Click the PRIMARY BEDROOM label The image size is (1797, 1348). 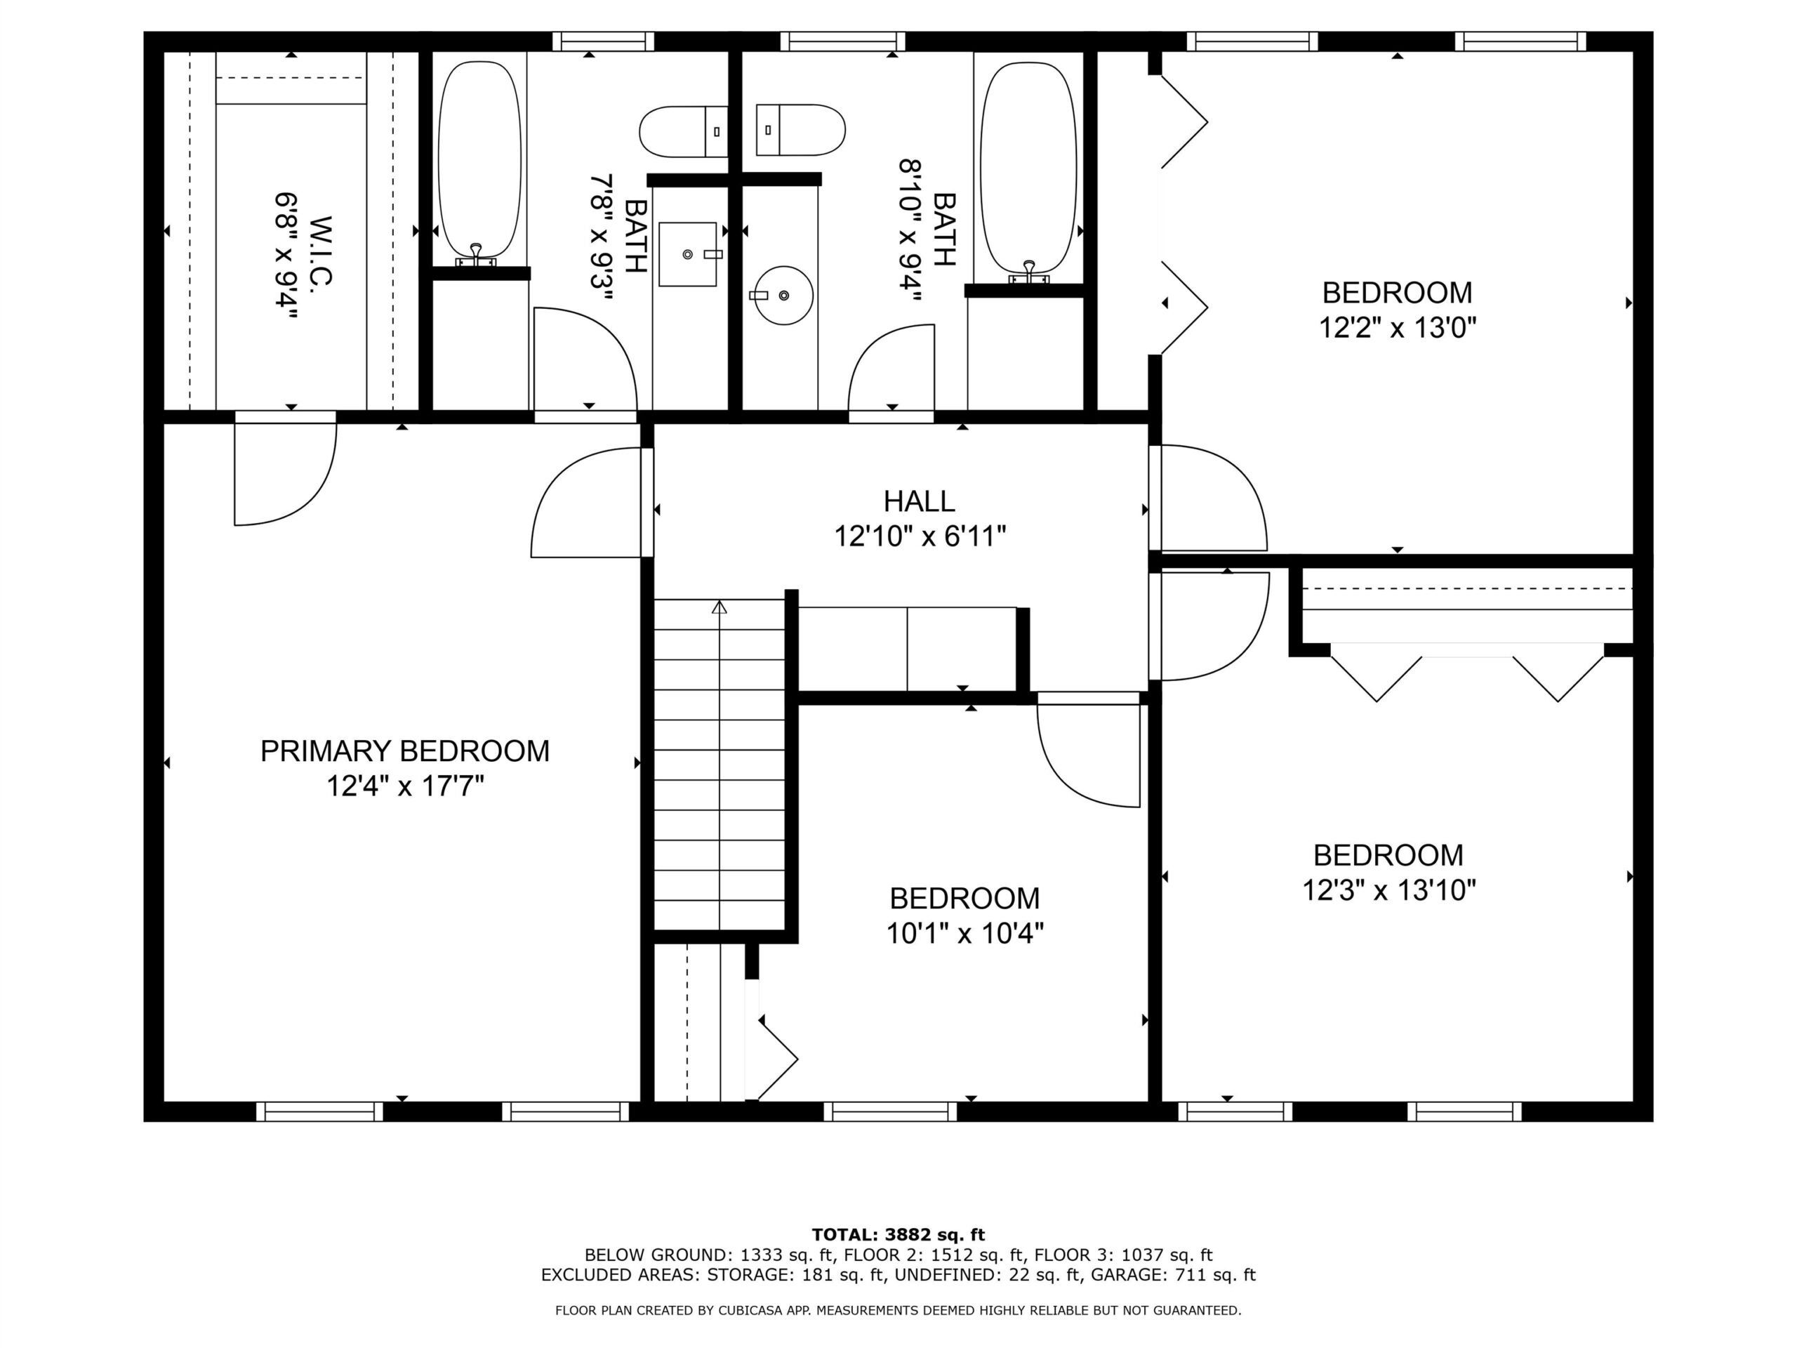point(404,751)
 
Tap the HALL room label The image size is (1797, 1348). point(919,501)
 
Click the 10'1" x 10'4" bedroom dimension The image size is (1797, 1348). point(964,934)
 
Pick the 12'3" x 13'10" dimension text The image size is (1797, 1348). point(1388,890)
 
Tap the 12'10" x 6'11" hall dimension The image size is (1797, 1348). point(920,536)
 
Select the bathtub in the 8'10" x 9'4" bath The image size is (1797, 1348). point(1028,168)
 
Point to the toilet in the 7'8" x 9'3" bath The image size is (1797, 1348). point(683,131)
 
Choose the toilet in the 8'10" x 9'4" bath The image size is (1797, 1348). point(800,129)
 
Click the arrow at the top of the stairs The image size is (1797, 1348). point(719,607)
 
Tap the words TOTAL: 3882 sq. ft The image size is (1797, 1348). point(898,1235)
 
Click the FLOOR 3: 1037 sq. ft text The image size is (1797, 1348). point(1124,1255)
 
